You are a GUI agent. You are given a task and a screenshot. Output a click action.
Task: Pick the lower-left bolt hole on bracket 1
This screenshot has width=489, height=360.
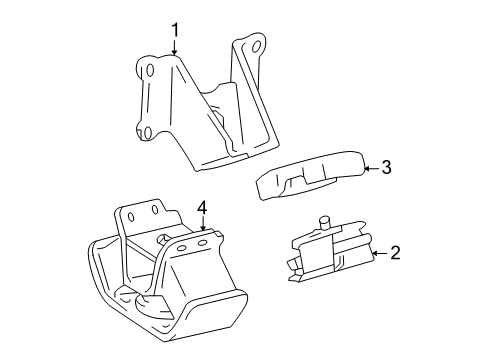coord(145,133)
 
